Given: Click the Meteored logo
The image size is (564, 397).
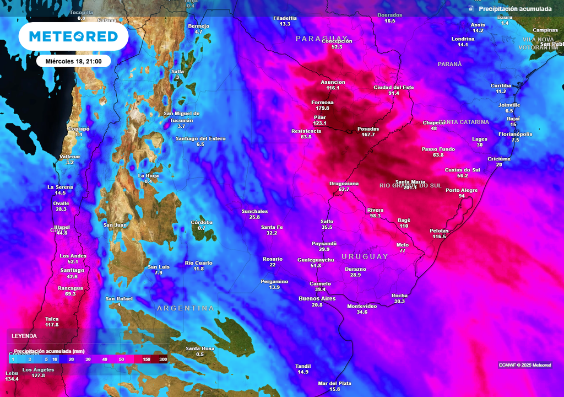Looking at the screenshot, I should coord(73,36).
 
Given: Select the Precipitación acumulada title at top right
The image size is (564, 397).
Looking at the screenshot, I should coord(514,9).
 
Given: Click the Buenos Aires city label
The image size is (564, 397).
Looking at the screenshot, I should coord(317,298).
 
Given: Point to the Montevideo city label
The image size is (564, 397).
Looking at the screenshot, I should coord(362,306).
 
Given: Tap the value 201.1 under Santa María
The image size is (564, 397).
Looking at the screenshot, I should coord(410,187).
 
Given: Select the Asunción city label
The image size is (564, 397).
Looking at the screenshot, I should coord(333,82).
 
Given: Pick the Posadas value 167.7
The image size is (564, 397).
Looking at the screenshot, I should coord(366,135).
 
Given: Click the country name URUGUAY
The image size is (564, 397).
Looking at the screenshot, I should coord(365,256).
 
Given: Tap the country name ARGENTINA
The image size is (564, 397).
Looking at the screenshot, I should coord(185,308).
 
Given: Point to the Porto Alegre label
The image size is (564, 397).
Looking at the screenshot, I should coord(462,190).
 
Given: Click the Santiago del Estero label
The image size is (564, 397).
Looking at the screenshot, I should coord(200,138).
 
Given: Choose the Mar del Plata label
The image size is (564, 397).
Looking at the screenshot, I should coord(334,383).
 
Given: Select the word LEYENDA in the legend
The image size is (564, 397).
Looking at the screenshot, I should coord(24,336).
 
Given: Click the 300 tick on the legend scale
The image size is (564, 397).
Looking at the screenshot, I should coord(162,359).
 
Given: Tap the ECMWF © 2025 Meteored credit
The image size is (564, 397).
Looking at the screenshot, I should coord(525,365).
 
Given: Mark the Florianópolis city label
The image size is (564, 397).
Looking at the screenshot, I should coord(515,134).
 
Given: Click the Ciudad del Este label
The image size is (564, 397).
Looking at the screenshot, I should coord(393,87).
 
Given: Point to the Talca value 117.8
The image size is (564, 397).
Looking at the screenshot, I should coord(52,325).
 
